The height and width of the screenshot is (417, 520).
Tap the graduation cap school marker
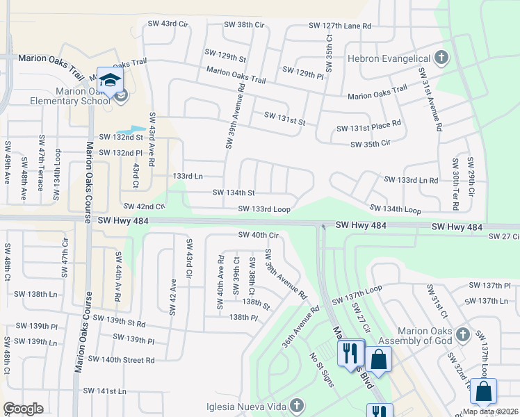(x=110, y=81)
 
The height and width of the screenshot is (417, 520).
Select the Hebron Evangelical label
(x=391, y=58)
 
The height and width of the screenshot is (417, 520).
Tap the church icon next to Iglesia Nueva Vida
(x=297, y=405)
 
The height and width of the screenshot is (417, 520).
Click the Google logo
(x=24, y=408)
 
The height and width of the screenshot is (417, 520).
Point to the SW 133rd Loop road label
(x=263, y=208)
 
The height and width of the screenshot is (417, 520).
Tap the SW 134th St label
(x=233, y=193)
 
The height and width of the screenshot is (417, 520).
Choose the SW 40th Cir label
(x=258, y=235)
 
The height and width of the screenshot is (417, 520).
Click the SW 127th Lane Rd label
(x=340, y=26)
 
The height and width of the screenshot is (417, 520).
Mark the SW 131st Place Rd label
(x=369, y=129)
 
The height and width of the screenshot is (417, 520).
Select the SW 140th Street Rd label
(x=122, y=359)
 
